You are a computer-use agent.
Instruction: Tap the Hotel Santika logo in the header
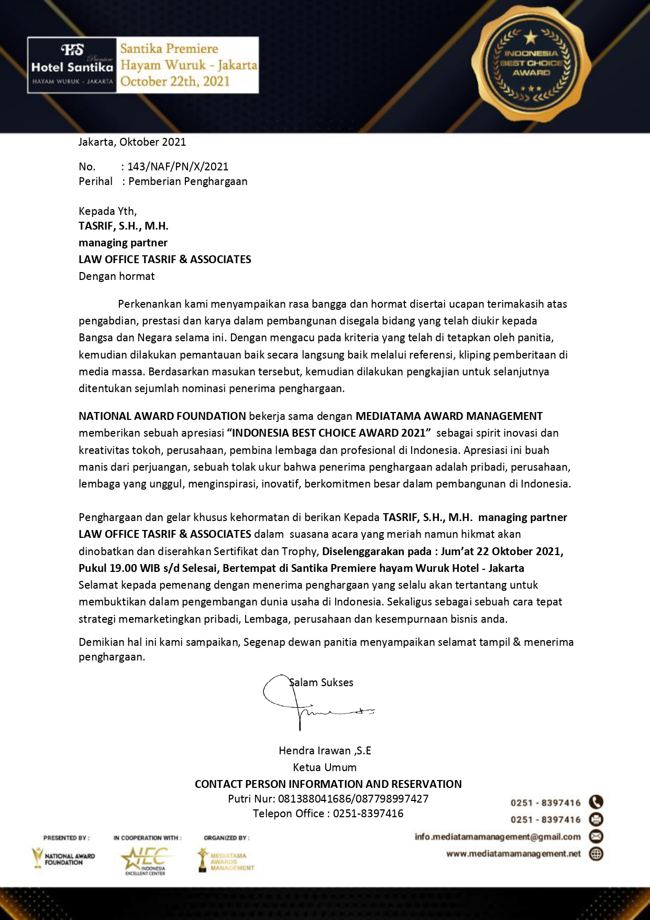(72, 65)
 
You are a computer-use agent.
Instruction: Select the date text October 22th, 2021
(175, 81)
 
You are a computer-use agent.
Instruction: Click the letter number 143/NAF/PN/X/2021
(178, 167)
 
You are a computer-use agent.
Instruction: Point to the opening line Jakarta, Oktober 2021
(132, 142)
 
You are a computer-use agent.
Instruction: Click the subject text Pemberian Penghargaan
(188, 181)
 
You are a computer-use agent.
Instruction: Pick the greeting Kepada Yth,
(107, 211)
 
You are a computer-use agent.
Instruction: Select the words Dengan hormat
(116, 276)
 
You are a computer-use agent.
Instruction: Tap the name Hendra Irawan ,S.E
(325, 751)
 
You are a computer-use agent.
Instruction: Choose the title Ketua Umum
(325, 767)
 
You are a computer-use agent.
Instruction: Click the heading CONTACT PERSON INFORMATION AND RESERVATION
(328, 784)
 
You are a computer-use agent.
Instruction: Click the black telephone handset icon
(596, 802)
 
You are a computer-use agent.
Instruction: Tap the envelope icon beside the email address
(596, 836)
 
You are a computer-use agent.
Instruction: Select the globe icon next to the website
(596, 853)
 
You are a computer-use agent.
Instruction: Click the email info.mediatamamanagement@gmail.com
(498, 837)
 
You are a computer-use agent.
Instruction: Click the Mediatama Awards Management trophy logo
(225, 860)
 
